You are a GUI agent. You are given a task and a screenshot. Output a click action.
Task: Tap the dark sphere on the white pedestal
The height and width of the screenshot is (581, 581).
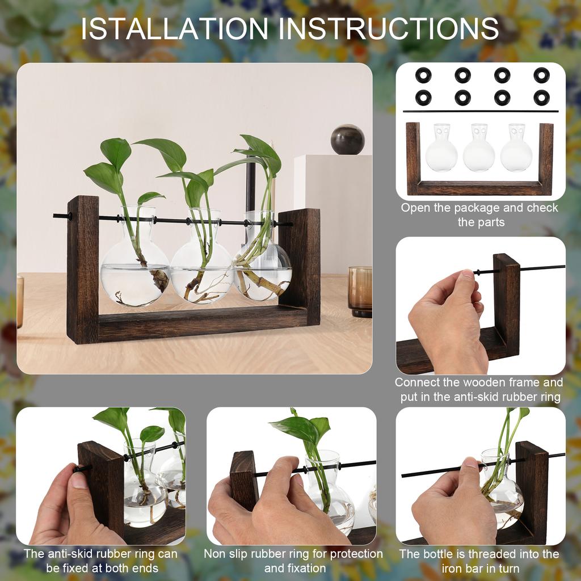tap(347, 140)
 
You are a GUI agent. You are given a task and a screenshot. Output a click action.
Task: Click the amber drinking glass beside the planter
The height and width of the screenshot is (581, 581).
tap(360, 291)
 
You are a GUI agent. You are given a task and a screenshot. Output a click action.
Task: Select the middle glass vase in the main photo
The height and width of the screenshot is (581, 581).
tap(201, 267)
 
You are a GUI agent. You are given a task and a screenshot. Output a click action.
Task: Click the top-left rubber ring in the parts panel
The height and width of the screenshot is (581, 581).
tap(423, 74)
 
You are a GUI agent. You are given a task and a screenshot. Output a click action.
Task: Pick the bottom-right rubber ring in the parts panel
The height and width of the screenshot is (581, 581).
tap(541, 97)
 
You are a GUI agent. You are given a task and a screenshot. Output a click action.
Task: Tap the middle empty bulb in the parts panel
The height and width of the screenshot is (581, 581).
tap(479, 150)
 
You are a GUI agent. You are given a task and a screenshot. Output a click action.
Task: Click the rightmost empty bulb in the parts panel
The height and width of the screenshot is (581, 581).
tap(516, 150)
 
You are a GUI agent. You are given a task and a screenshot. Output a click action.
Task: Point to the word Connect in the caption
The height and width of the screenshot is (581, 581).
tap(417, 382)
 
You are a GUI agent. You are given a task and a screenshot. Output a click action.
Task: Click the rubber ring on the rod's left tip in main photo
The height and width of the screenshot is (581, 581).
tap(70, 216)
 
